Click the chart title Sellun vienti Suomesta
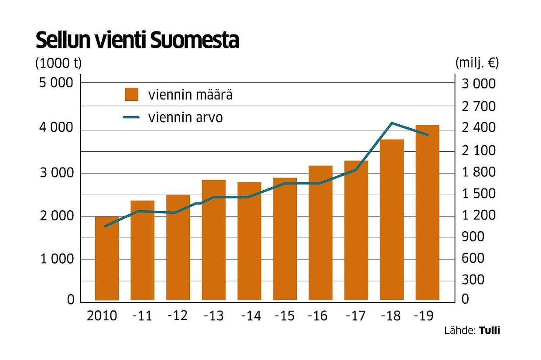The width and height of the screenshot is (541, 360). tap(137, 41)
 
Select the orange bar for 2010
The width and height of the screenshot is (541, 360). tap(107, 258)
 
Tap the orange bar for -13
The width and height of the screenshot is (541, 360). tap(214, 240)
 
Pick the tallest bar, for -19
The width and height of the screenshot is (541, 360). tap(427, 213)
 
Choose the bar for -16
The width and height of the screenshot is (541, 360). tap(321, 233)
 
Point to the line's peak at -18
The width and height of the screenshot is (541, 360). tap(392, 123)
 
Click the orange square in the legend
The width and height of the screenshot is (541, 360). tap(131, 94)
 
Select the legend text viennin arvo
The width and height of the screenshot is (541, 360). tap(185, 117)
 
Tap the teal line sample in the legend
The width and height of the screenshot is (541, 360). tap(131, 117)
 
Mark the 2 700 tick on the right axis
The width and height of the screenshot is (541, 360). tap(478, 106)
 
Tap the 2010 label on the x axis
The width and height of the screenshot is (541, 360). tap(102, 315)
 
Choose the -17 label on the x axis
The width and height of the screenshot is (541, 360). tap(355, 315)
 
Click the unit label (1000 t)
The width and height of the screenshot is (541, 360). tap(58, 63)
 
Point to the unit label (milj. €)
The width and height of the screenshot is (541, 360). tap(477, 63)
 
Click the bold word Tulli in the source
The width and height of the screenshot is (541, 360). tap(490, 330)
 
